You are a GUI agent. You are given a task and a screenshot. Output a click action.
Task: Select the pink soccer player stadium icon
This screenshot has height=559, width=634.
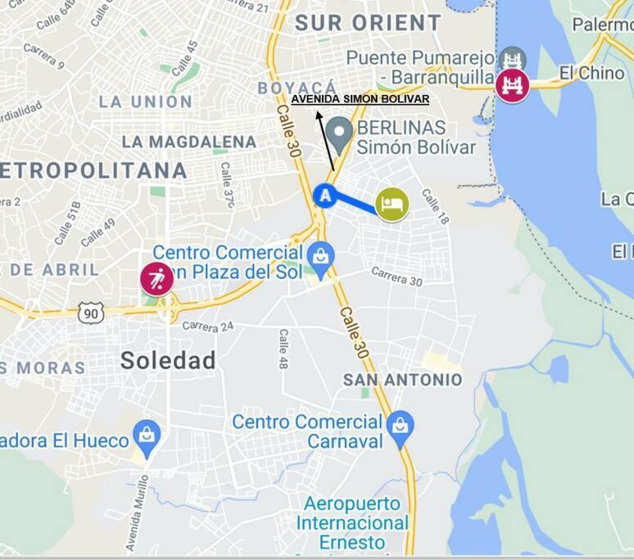(156, 278)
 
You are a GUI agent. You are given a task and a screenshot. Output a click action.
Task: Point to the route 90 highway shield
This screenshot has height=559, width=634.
(91, 312)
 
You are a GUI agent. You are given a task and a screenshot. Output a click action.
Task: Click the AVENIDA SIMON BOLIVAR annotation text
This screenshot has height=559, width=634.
(360, 99)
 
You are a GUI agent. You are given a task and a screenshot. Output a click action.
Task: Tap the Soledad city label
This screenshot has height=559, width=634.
(168, 360)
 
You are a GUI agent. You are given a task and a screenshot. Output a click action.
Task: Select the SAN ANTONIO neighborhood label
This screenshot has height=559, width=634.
(402, 380)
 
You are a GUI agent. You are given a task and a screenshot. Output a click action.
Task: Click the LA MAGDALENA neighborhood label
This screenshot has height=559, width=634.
(188, 142)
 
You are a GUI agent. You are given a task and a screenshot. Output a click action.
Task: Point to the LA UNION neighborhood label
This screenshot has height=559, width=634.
(145, 101)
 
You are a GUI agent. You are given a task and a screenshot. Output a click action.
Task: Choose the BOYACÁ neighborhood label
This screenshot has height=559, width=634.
(297, 87)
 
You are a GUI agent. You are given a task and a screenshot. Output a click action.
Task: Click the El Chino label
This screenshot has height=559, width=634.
(591, 73)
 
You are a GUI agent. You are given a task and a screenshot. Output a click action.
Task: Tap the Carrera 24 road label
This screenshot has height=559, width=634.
(208, 326)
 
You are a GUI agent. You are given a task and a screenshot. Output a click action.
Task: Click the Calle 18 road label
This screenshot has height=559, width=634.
(435, 206)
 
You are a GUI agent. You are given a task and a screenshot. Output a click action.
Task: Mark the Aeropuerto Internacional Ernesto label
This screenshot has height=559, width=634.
(352, 522)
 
